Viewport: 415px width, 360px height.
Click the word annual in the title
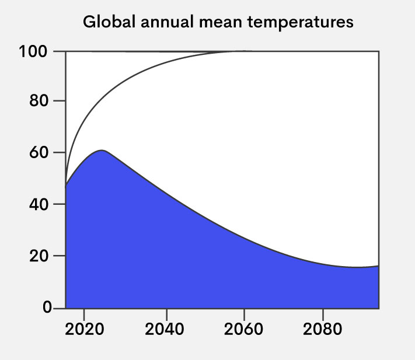[x=162, y=23]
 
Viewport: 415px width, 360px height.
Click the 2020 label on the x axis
[x=84, y=328]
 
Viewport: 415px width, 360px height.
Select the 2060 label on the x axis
[x=244, y=328]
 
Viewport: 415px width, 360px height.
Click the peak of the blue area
[x=102, y=151]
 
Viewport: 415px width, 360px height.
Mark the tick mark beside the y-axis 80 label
[x=60, y=102]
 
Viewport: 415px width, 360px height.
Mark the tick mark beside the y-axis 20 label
[x=60, y=256]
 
